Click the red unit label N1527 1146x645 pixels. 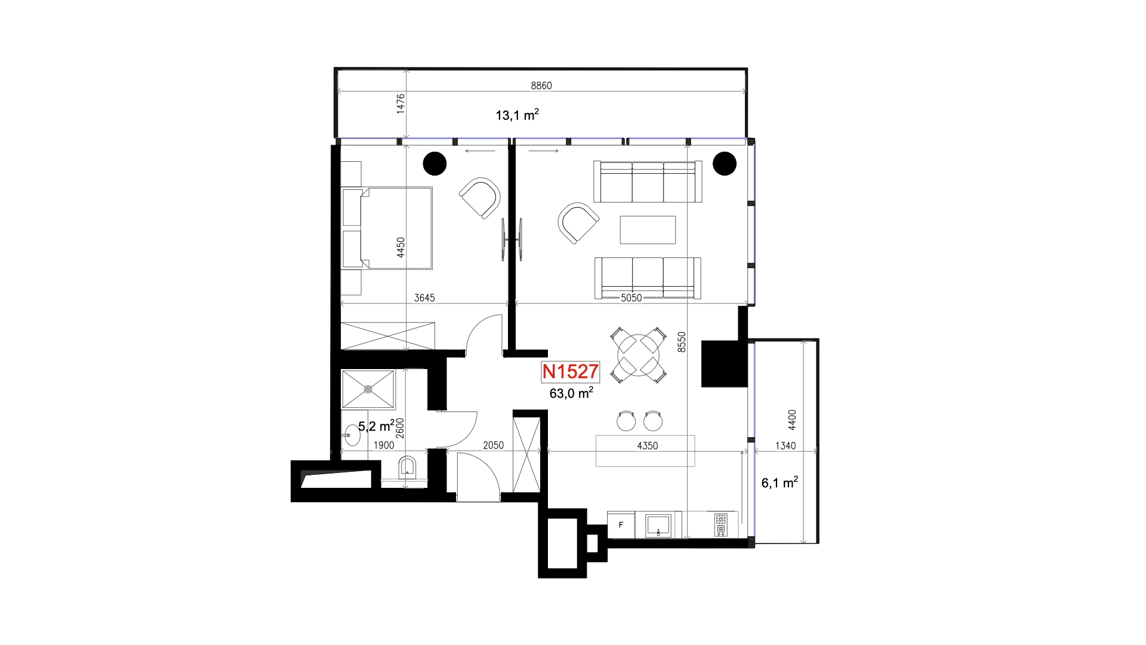(x=570, y=371)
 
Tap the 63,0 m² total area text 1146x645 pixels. (x=571, y=393)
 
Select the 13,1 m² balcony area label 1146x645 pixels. (x=517, y=115)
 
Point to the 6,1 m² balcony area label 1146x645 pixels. (x=780, y=483)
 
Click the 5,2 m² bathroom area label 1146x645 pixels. (x=376, y=426)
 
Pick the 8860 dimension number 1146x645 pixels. (x=541, y=85)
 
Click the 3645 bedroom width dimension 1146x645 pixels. (x=424, y=297)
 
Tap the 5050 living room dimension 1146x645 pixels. (x=631, y=297)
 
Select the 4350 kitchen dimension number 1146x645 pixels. (x=648, y=446)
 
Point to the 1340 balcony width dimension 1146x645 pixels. (x=785, y=446)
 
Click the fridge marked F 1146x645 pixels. (x=621, y=525)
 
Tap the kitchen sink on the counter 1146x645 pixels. (x=658, y=526)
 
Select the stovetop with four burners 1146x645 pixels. (x=721, y=525)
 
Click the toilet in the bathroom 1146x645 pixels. (x=407, y=468)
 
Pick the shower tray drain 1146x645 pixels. (x=368, y=389)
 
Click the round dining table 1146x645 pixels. (x=639, y=355)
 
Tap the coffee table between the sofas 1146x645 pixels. (x=648, y=230)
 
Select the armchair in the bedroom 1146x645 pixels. (x=480, y=198)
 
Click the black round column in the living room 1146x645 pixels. (x=725, y=164)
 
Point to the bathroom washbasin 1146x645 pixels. (x=352, y=435)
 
